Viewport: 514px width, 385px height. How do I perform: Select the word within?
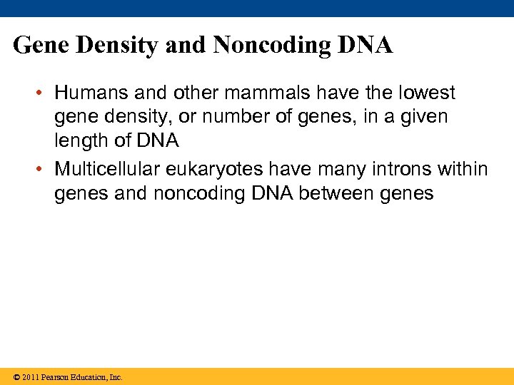click(x=463, y=169)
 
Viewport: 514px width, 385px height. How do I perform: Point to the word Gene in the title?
click(x=40, y=46)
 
